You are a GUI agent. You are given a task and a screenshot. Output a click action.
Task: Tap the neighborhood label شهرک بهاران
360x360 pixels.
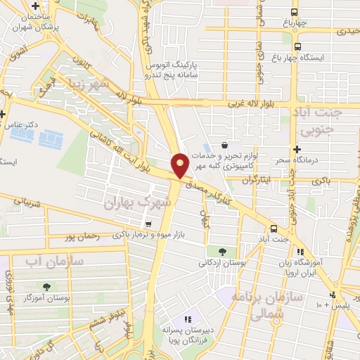point(139,203)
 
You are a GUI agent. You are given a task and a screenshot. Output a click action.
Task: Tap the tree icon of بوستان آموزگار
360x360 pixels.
point(47,287)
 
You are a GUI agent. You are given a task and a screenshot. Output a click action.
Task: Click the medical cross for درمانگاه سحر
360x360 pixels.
point(297,149)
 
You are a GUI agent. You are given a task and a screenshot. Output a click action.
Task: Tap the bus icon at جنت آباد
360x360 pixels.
point(274,228)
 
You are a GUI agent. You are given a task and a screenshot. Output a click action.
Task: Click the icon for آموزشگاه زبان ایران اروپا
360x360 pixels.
point(300,251)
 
